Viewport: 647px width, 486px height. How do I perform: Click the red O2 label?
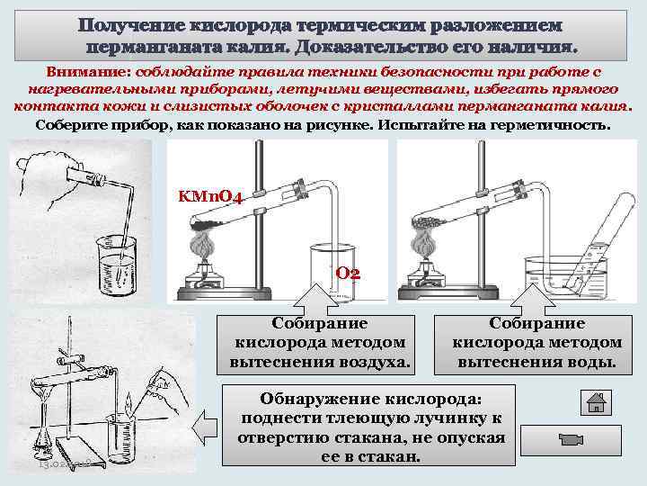pyautogui.click(x=348, y=272)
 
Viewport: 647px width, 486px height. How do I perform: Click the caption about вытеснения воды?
pyautogui.click(x=536, y=342)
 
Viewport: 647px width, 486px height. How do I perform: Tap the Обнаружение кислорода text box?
pyautogui.click(x=369, y=426)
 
